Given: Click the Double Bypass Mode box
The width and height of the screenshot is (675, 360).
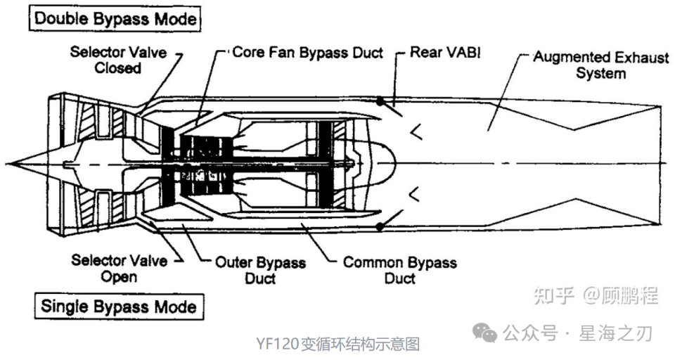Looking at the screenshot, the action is (x=115, y=18).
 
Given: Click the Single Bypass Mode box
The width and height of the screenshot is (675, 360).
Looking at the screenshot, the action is (x=119, y=306).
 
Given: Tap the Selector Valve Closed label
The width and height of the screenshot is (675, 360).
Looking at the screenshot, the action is (x=118, y=60).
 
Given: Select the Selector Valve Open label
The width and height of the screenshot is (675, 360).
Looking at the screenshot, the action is (x=120, y=269).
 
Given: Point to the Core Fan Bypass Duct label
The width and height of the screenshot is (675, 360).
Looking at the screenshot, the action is (x=307, y=53).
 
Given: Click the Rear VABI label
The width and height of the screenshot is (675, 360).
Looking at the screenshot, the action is (x=445, y=52).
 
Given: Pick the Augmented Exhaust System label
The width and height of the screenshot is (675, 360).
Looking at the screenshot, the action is (x=601, y=65).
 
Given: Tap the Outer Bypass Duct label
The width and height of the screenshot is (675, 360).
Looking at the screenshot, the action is (x=260, y=271).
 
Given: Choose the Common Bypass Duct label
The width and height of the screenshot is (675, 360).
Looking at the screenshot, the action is (x=400, y=270).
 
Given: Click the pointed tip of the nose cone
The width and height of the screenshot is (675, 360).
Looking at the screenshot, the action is (x=7, y=164).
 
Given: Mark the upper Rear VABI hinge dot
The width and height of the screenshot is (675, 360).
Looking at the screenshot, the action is (x=380, y=102).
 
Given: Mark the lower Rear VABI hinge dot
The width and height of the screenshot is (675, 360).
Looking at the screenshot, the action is (x=380, y=226).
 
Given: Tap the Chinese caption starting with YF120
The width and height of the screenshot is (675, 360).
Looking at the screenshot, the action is (x=338, y=344).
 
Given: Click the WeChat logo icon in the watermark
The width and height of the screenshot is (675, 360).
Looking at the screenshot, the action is (x=484, y=333).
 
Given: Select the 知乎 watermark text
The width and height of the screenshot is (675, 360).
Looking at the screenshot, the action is (x=555, y=296).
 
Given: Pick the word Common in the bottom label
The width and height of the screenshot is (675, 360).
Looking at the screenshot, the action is (x=371, y=262).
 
